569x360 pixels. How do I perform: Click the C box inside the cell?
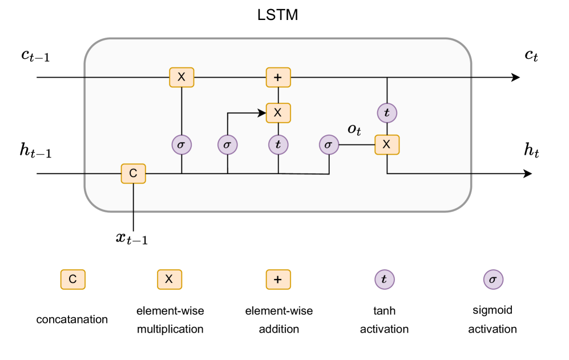click(x=133, y=173)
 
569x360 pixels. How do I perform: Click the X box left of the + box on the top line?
click(x=181, y=77)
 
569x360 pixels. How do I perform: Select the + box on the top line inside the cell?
click(x=278, y=77)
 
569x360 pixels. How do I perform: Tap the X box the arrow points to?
click(x=278, y=113)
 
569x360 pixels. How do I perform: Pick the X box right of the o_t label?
click(x=387, y=145)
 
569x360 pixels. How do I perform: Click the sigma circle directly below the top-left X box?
click(x=181, y=145)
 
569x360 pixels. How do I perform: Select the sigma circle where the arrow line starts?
click(x=227, y=145)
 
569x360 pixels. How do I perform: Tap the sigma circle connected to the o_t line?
click(x=328, y=145)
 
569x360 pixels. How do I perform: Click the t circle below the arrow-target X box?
click(x=278, y=145)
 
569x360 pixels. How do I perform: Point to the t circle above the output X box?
click(x=387, y=113)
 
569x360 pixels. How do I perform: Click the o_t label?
click(x=354, y=130)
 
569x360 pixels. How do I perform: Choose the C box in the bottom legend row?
click(x=73, y=280)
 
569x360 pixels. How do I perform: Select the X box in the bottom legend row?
click(x=170, y=280)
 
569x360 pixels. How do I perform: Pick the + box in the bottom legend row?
click(x=278, y=280)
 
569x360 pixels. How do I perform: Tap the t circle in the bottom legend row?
click(x=384, y=280)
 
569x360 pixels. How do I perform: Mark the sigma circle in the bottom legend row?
click(x=493, y=280)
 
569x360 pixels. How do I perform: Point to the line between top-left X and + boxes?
click(x=230, y=77)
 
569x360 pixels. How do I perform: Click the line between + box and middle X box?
click(x=278, y=95)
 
